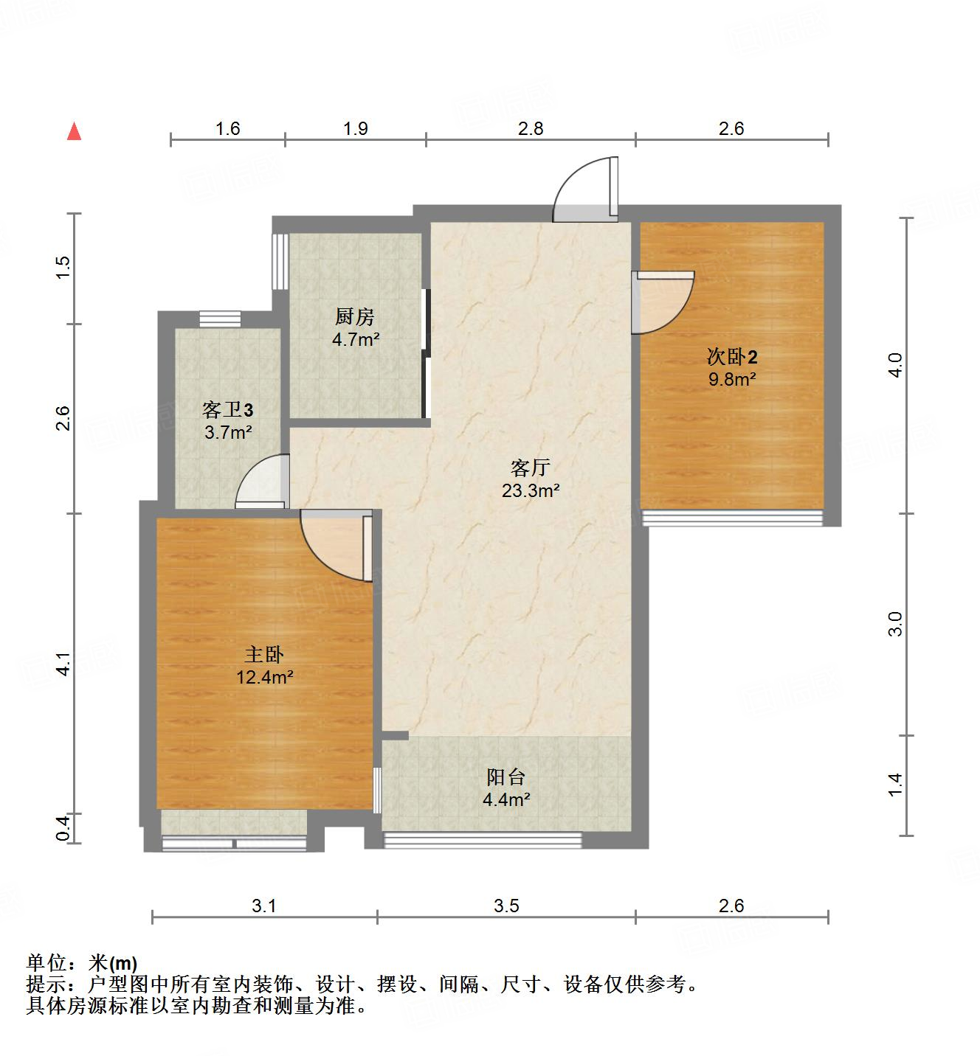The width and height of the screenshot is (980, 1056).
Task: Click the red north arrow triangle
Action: click(74, 132)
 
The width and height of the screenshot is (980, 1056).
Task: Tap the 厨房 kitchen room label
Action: click(355, 317)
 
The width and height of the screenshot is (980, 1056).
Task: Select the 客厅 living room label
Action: click(531, 468)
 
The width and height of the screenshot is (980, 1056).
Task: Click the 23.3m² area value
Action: click(531, 490)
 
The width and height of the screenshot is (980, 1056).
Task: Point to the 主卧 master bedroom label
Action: click(264, 654)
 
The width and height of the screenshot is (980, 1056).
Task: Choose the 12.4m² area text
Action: click(264, 677)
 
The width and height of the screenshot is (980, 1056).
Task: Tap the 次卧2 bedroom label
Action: click(732, 358)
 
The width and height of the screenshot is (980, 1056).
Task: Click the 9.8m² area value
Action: click(732, 380)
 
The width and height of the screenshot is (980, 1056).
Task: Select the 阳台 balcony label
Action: click(506, 777)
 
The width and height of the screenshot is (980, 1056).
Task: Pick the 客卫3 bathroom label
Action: click(228, 409)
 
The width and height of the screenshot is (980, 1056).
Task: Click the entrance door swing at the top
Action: click(585, 190)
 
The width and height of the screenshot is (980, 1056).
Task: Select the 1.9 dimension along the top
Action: click(355, 128)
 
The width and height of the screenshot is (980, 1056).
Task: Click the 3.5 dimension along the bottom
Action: click(506, 906)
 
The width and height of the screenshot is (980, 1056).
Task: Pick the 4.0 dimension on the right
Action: click(894, 366)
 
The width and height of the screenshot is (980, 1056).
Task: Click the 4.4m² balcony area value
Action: click(506, 799)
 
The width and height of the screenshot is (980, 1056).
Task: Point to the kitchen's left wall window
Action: click(279, 262)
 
